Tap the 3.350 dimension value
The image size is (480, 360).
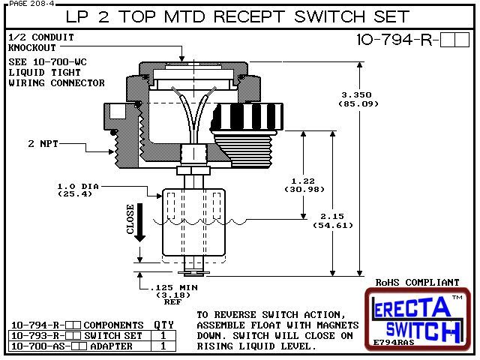[355, 95]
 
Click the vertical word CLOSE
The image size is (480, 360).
[130, 220]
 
